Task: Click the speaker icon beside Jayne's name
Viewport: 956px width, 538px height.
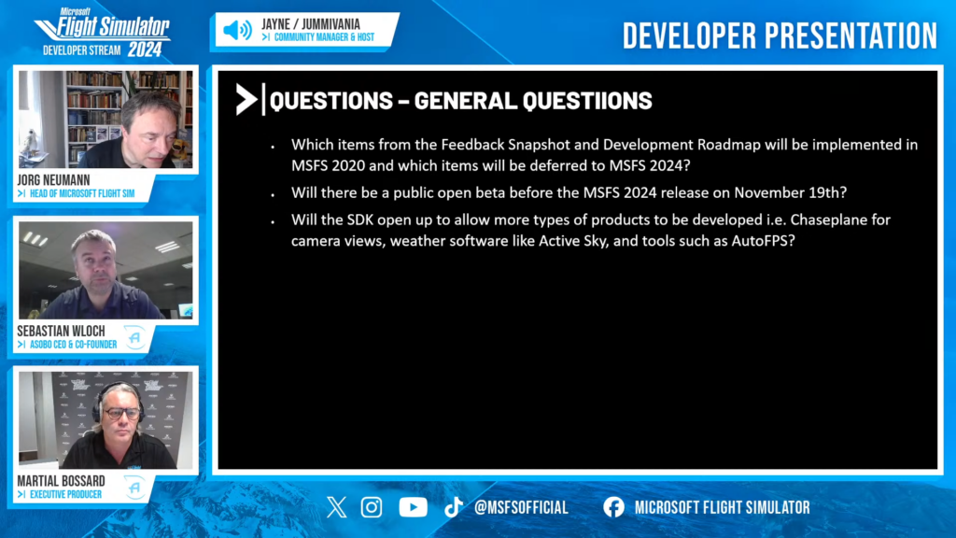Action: point(237,30)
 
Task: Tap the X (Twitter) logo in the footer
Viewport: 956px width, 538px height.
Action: point(336,507)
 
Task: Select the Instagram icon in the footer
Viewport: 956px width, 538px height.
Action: point(372,507)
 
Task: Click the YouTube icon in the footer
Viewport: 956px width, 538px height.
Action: point(413,507)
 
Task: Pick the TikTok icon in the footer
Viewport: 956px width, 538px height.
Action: point(453,507)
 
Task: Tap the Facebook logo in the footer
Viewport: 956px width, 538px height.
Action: point(614,507)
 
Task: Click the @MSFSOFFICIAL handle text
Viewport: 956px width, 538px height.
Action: point(521,507)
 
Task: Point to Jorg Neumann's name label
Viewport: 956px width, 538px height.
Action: point(53,180)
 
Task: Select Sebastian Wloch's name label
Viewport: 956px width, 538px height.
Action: point(61,332)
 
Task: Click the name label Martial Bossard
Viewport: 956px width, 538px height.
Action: point(61,481)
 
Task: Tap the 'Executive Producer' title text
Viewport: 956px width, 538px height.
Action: point(66,495)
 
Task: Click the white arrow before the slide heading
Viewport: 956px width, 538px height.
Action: point(246,99)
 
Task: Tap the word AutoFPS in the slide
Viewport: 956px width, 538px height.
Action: point(763,241)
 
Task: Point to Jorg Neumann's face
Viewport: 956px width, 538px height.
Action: point(147,130)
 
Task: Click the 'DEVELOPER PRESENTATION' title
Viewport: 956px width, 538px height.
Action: point(780,36)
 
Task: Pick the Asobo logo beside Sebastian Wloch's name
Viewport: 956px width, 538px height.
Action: point(134,337)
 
